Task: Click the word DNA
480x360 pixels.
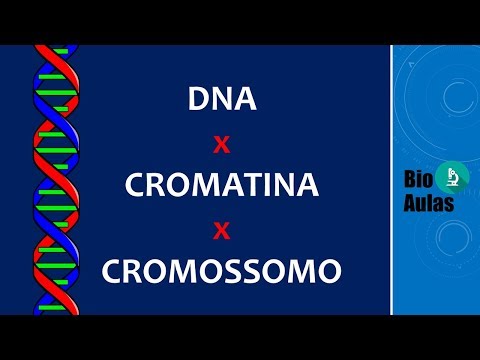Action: click(222, 100)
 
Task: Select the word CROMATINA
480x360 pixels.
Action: click(222, 186)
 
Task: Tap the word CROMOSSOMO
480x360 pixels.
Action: click(222, 271)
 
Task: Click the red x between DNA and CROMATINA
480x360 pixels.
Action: click(222, 144)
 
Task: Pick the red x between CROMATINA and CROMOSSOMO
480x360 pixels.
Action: click(222, 230)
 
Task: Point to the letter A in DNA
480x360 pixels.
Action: click(246, 100)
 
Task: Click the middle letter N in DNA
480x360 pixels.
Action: click(222, 100)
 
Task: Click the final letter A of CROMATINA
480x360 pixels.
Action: click(307, 186)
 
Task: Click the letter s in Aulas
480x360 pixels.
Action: click(451, 204)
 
